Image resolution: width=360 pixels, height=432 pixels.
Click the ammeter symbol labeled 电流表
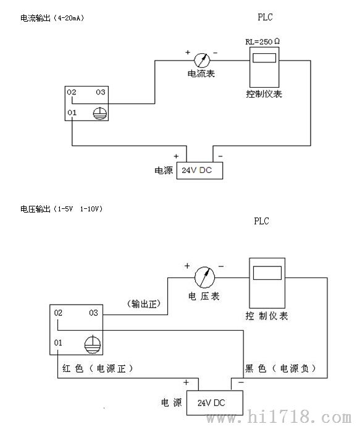pos(202,61)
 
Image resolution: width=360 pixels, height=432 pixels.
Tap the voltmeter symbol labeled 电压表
pos(204,277)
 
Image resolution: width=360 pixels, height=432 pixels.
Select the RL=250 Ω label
pos(262,41)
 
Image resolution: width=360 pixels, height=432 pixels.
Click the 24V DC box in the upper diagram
pos(199,171)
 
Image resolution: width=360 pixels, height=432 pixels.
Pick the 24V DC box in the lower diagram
pos(215,403)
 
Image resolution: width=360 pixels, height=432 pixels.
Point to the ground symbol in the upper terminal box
pos(99,113)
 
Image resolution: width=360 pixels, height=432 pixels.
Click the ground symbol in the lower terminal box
pos(93,344)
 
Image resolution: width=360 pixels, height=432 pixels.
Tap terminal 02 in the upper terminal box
pos(72,92)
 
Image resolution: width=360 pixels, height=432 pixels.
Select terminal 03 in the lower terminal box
pos(93,313)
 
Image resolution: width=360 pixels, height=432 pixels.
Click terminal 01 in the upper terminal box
pos(72,112)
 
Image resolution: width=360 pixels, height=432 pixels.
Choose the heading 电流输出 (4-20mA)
pos(52,18)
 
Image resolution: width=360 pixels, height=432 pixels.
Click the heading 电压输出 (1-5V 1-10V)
pos(61,209)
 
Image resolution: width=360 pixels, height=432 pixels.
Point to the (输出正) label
pos(144,304)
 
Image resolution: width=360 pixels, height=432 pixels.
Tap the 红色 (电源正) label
pos(98,368)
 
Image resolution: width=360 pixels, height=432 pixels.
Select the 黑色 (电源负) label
pos(280,368)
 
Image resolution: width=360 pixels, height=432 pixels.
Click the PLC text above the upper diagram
pos(266,17)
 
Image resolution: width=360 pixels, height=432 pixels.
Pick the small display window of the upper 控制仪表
pos(264,58)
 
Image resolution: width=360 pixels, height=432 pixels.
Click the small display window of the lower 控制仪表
pos(267,273)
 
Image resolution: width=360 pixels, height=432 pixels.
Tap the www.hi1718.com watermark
pos(279,417)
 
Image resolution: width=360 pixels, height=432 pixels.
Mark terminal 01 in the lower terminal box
pos(58,343)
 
